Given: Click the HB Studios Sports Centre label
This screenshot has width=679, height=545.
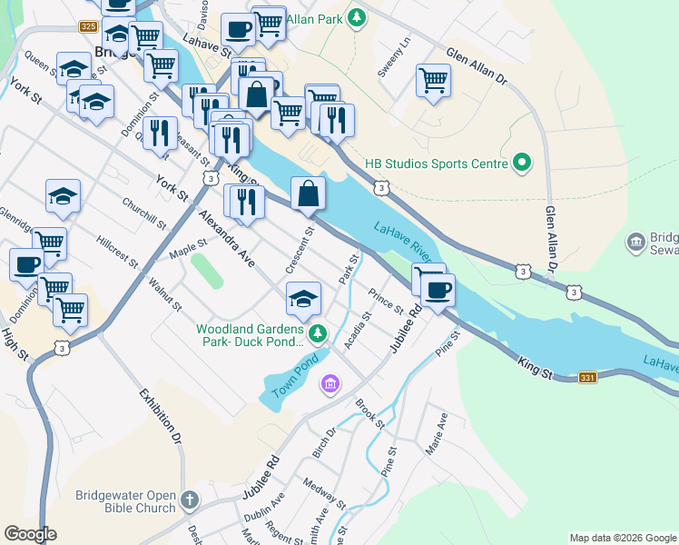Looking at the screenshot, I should coord(435,164).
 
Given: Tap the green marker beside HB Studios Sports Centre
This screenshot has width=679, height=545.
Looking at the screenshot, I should coord(521,164).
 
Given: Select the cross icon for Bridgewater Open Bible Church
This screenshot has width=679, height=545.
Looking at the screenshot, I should coord(190,499).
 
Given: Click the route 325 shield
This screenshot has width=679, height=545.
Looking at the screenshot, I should coord(88,27).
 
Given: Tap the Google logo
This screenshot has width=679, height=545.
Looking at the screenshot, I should coord(30,534).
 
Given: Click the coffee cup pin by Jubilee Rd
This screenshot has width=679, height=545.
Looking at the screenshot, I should coord(438,291).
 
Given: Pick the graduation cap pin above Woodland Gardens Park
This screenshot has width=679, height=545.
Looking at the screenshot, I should coord(304,297).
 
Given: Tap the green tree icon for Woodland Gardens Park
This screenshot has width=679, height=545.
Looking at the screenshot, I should coord(317,334).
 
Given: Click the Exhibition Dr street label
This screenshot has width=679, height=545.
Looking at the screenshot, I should coord(162,420).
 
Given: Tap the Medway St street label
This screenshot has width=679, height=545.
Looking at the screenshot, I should coord(324,494).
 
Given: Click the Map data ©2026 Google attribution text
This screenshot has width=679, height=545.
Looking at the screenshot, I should coord(622,538).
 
